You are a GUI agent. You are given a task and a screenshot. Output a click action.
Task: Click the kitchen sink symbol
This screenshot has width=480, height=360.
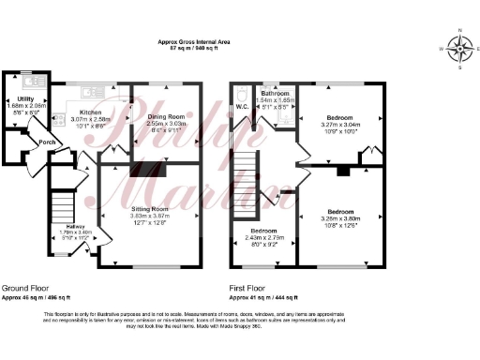point(90,91)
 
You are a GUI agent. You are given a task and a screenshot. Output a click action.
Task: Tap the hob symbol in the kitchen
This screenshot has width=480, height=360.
point(58,119)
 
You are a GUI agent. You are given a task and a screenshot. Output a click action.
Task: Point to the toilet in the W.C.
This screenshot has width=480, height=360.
point(243,95)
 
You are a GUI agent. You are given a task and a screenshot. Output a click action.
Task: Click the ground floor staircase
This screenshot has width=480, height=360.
point(61,202)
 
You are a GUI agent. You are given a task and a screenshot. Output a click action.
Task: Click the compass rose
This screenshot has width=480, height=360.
point(458,49)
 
